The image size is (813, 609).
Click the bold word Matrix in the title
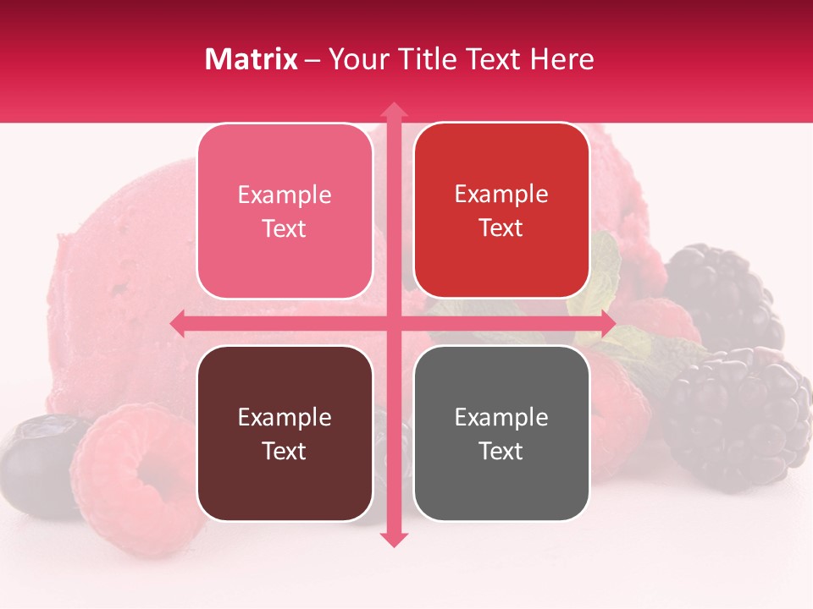252,59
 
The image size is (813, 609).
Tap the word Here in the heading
561,59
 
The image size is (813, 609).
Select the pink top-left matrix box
285,211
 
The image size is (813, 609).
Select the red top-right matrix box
501,211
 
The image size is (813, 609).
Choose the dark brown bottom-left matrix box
285,433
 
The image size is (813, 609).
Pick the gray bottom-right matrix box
501,433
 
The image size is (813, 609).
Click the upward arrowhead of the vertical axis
393,110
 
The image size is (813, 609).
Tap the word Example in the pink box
285,195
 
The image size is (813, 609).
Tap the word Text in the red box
501,228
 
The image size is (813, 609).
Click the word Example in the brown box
285,417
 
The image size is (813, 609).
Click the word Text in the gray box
501,451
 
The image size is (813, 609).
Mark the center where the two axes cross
393,324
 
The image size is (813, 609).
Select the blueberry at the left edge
34,465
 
